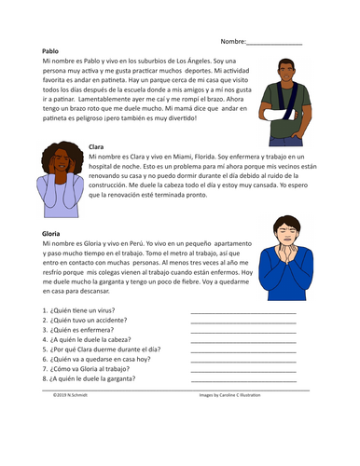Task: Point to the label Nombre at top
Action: [x=233, y=42]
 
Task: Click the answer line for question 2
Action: [x=242, y=322]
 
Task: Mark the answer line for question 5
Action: [x=242, y=351]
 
